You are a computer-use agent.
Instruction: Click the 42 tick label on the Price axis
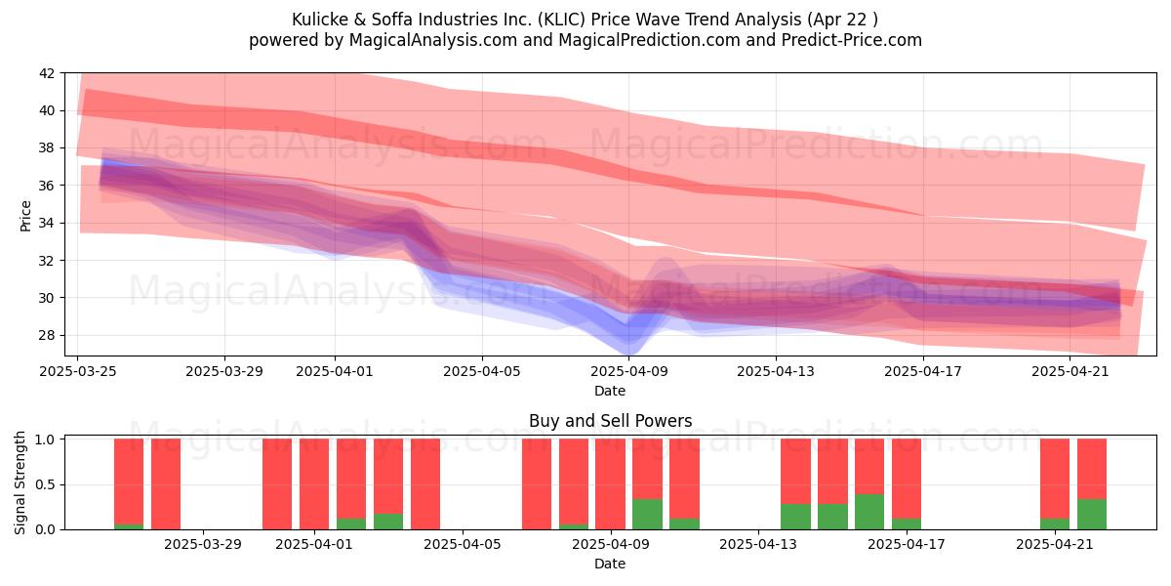point(47,73)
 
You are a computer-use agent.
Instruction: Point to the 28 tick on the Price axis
point(47,335)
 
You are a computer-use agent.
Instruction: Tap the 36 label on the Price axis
point(47,186)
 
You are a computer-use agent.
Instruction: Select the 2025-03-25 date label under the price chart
point(78,371)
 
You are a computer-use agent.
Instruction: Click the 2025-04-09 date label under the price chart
point(629,371)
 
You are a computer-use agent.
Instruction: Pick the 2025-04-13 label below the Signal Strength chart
point(758,545)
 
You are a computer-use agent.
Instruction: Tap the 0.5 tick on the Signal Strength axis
point(45,485)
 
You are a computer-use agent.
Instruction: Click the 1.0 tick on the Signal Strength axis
point(45,439)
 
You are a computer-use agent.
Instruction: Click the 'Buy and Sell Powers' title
point(610,421)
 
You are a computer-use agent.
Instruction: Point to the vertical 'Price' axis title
point(25,216)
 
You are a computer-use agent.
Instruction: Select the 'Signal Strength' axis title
point(20,482)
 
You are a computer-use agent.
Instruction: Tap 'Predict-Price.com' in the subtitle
point(852,40)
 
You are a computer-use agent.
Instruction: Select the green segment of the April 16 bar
point(869,512)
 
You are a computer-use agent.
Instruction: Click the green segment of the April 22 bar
point(1092,515)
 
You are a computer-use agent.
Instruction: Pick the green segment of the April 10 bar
point(647,515)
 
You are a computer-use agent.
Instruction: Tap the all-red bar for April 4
point(425,484)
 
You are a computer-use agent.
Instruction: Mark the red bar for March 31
point(277,484)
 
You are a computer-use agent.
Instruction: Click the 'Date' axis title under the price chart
point(610,391)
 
